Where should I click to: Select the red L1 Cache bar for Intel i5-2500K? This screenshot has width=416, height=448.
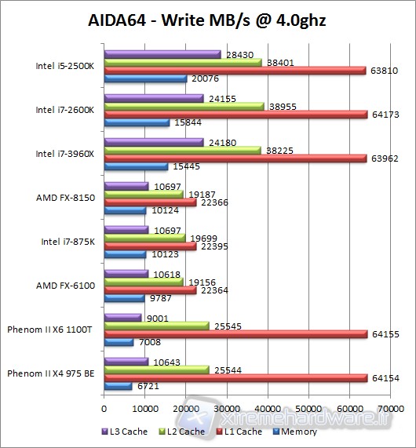[x=235, y=71]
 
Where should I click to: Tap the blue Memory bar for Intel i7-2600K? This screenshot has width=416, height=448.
[x=137, y=122]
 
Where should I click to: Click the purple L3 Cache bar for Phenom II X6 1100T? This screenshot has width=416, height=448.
[x=122, y=318]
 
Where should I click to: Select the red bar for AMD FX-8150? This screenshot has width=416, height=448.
[x=150, y=202]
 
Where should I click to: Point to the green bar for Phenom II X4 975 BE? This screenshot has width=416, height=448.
[x=156, y=369]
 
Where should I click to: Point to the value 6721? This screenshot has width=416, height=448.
[x=147, y=386]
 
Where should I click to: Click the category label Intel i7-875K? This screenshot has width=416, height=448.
[x=68, y=241]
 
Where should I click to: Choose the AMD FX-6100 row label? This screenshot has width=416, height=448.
[x=65, y=285]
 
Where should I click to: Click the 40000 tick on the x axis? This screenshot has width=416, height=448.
[x=268, y=409]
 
